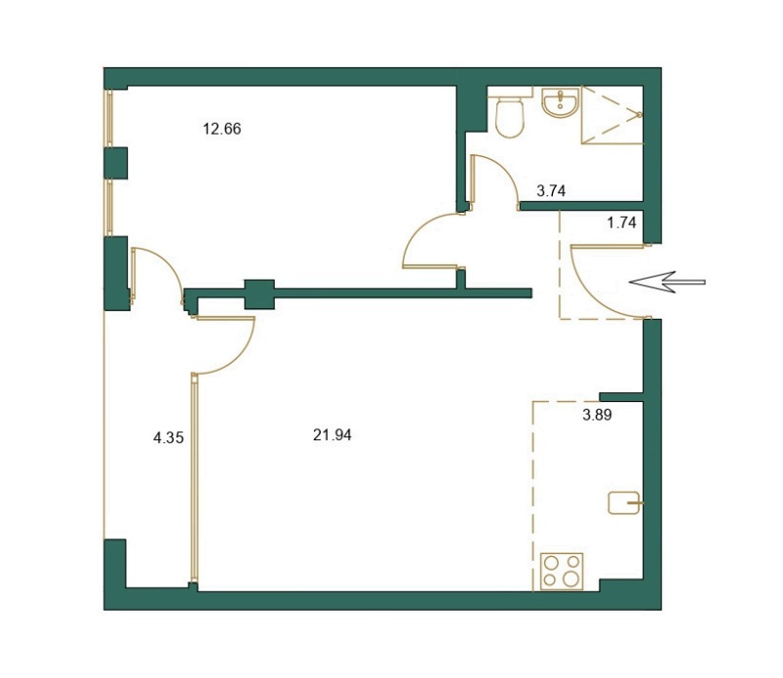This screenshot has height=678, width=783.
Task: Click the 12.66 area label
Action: point(221,129)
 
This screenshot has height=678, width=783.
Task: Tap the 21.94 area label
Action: point(333,435)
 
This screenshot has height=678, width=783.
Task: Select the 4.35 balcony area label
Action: point(169,438)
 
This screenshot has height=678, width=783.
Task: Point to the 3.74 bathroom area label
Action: point(551,191)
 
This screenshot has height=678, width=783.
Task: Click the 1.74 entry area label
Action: point(622,222)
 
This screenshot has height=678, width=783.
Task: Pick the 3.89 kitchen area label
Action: point(597,415)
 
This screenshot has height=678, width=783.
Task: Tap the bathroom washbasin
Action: point(561,102)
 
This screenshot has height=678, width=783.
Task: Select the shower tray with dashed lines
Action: point(611,115)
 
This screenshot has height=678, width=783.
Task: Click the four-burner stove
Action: point(562,571)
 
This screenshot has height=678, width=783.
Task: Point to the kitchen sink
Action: point(624,502)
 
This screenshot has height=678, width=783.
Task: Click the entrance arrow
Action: point(667,282)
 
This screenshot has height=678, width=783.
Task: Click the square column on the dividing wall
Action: point(259,295)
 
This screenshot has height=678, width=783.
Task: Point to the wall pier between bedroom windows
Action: point(115,163)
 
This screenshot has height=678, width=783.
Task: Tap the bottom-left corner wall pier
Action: point(114,565)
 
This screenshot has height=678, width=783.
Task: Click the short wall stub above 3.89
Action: point(621,397)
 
